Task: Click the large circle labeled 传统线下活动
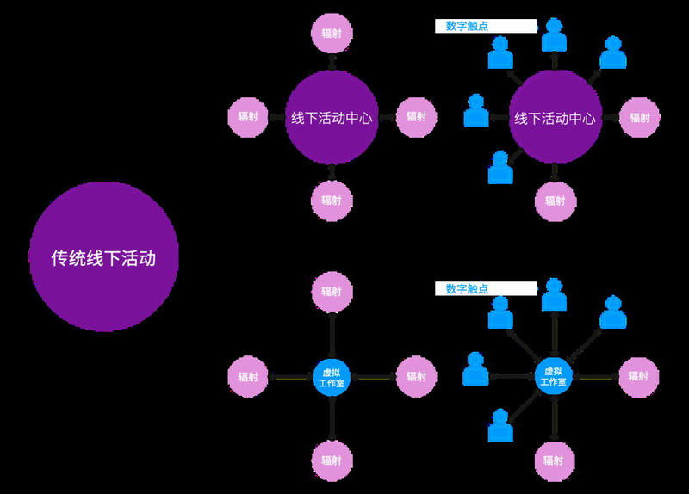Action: tap(103, 256)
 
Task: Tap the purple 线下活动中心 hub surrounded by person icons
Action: tap(555, 118)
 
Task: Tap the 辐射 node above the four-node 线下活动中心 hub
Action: tap(332, 33)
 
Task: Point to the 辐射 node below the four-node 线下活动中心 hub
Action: tap(332, 201)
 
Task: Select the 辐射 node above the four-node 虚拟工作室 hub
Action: tap(332, 292)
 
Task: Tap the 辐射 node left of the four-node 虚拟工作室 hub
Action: tap(247, 377)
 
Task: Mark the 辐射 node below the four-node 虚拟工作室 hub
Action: tap(332, 460)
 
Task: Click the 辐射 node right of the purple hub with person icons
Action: tap(639, 118)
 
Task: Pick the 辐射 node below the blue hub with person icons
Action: tap(555, 460)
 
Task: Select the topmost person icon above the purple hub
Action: tap(554, 34)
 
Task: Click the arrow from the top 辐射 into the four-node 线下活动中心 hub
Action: tap(332, 63)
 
